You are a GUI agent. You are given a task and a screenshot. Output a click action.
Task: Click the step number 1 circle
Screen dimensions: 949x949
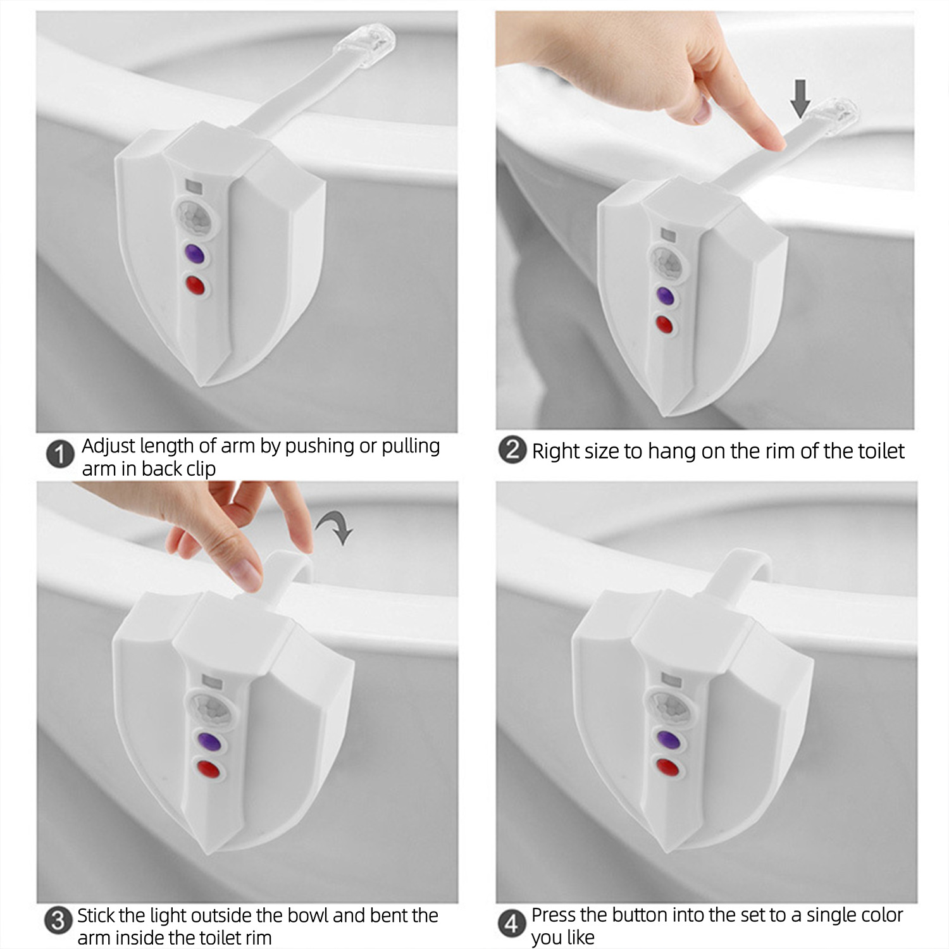(60, 456)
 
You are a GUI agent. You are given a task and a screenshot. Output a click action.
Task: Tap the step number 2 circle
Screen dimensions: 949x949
(512, 450)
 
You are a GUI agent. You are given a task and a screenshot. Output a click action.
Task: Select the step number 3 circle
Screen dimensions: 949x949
(58, 920)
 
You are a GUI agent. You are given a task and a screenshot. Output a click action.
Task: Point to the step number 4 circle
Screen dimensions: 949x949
(511, 923)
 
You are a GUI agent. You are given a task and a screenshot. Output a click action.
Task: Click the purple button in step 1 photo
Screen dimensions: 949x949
(194, 254)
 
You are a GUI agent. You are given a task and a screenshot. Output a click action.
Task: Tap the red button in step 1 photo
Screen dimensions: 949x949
(196, 285)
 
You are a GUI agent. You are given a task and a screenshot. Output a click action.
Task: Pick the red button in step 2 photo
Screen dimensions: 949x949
(664, 325)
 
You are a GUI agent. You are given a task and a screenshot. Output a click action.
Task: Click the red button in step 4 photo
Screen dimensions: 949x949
(666, 767)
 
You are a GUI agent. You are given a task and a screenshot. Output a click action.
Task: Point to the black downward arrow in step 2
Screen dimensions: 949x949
(800, 98)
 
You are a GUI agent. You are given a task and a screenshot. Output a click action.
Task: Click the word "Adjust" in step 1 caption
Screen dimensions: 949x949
(108, 447)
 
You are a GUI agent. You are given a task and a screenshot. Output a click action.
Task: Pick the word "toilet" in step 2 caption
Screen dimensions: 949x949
(881, 450)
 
